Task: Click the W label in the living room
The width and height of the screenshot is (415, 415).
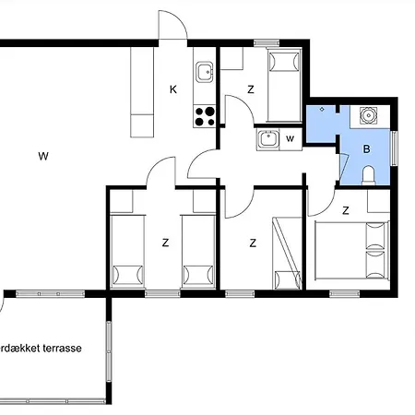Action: point(42,156)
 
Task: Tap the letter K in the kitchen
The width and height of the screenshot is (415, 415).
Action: point(172,89)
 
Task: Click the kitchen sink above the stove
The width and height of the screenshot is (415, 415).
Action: point(204,71)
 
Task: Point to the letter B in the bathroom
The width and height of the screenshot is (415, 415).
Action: point(366,148)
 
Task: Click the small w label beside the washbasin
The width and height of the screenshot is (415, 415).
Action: point(290,139)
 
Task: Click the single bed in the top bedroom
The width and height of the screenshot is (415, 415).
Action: point(284,86)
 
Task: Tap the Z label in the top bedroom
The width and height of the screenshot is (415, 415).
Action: point(251,89)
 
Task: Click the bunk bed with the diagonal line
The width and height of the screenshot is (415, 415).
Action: point(287,254)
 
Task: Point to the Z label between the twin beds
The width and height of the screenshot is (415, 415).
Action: point(165,243)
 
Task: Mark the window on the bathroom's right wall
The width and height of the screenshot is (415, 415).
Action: point(396,145)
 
